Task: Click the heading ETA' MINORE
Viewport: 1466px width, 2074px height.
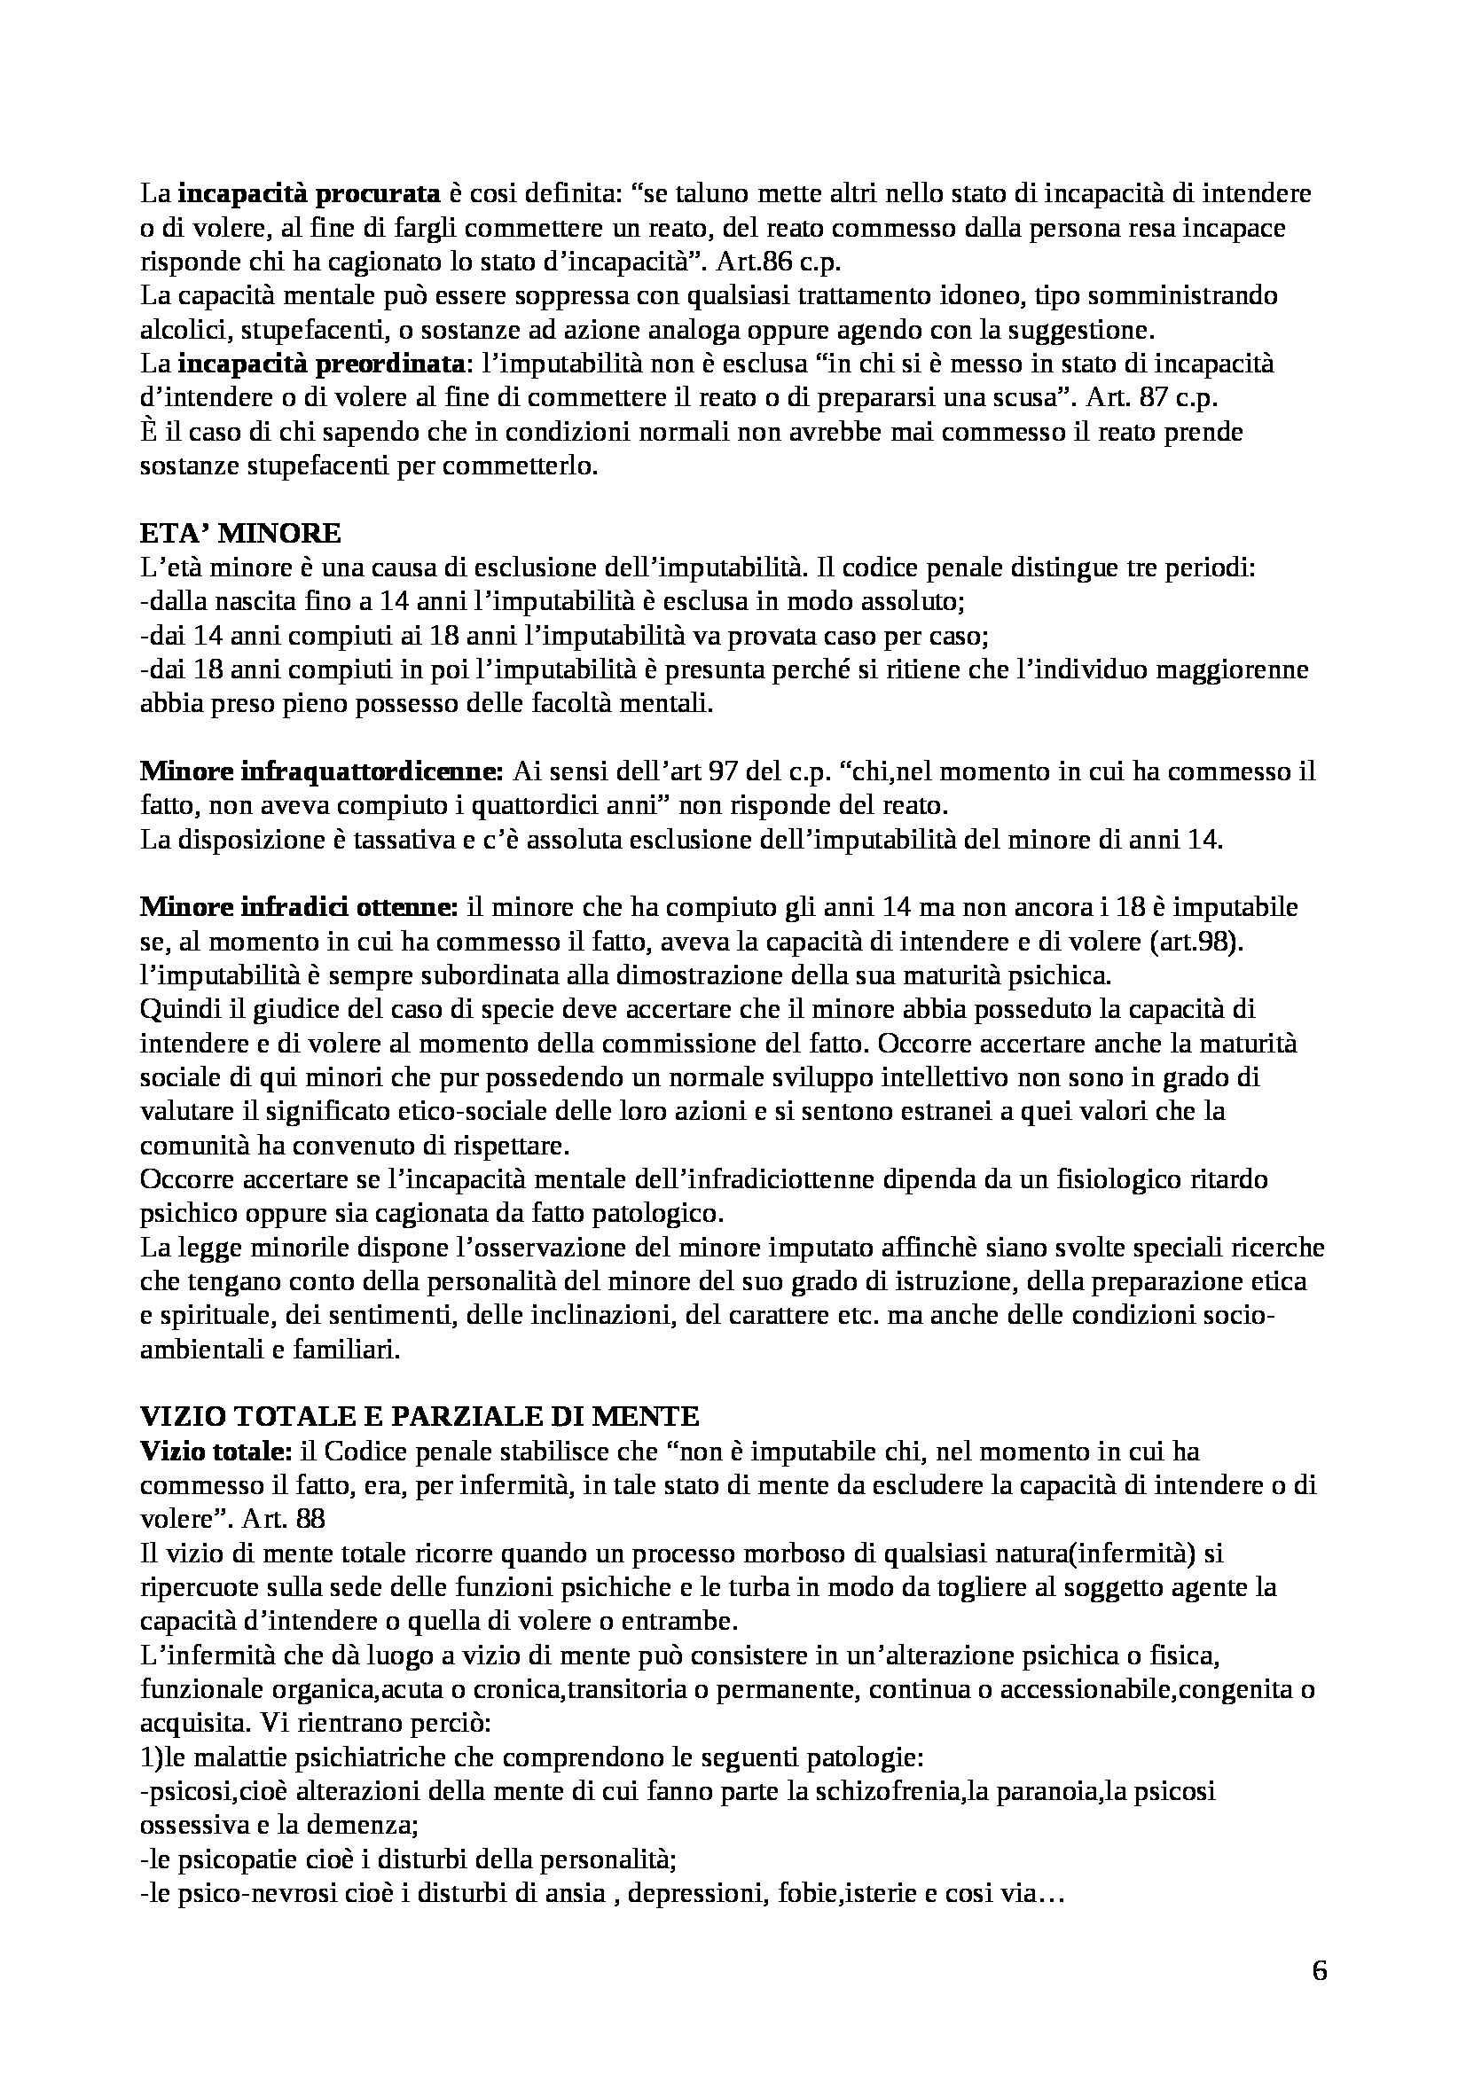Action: pos(240,534)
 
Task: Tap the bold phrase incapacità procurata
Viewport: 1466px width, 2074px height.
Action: pos(309,194)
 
